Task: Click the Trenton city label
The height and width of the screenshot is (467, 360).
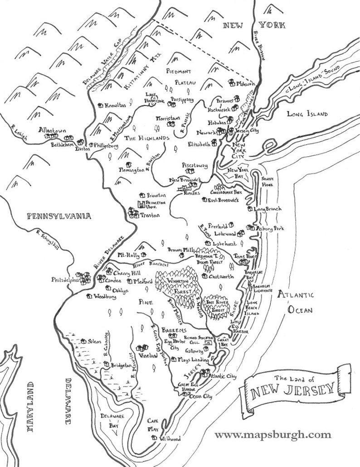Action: pos(150,216)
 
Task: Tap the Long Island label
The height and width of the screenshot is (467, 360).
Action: pos(307,114)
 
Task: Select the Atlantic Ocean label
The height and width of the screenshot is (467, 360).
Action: pos(296,303)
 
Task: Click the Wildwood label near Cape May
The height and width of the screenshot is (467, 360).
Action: pos(170,439)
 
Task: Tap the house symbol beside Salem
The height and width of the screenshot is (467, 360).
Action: pos(83,341)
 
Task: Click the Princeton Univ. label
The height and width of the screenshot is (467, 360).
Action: pos(156,205)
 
